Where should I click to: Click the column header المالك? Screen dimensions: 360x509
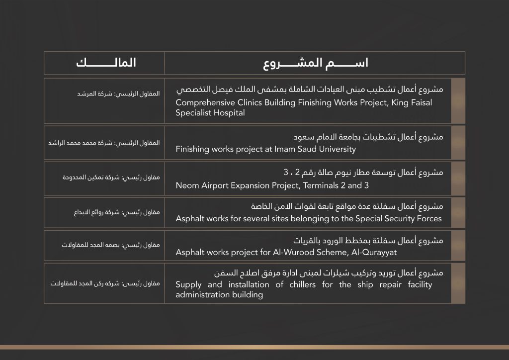[106, 64]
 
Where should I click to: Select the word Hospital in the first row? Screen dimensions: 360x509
[229, 113]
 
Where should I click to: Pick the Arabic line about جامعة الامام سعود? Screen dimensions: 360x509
[368, 137]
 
